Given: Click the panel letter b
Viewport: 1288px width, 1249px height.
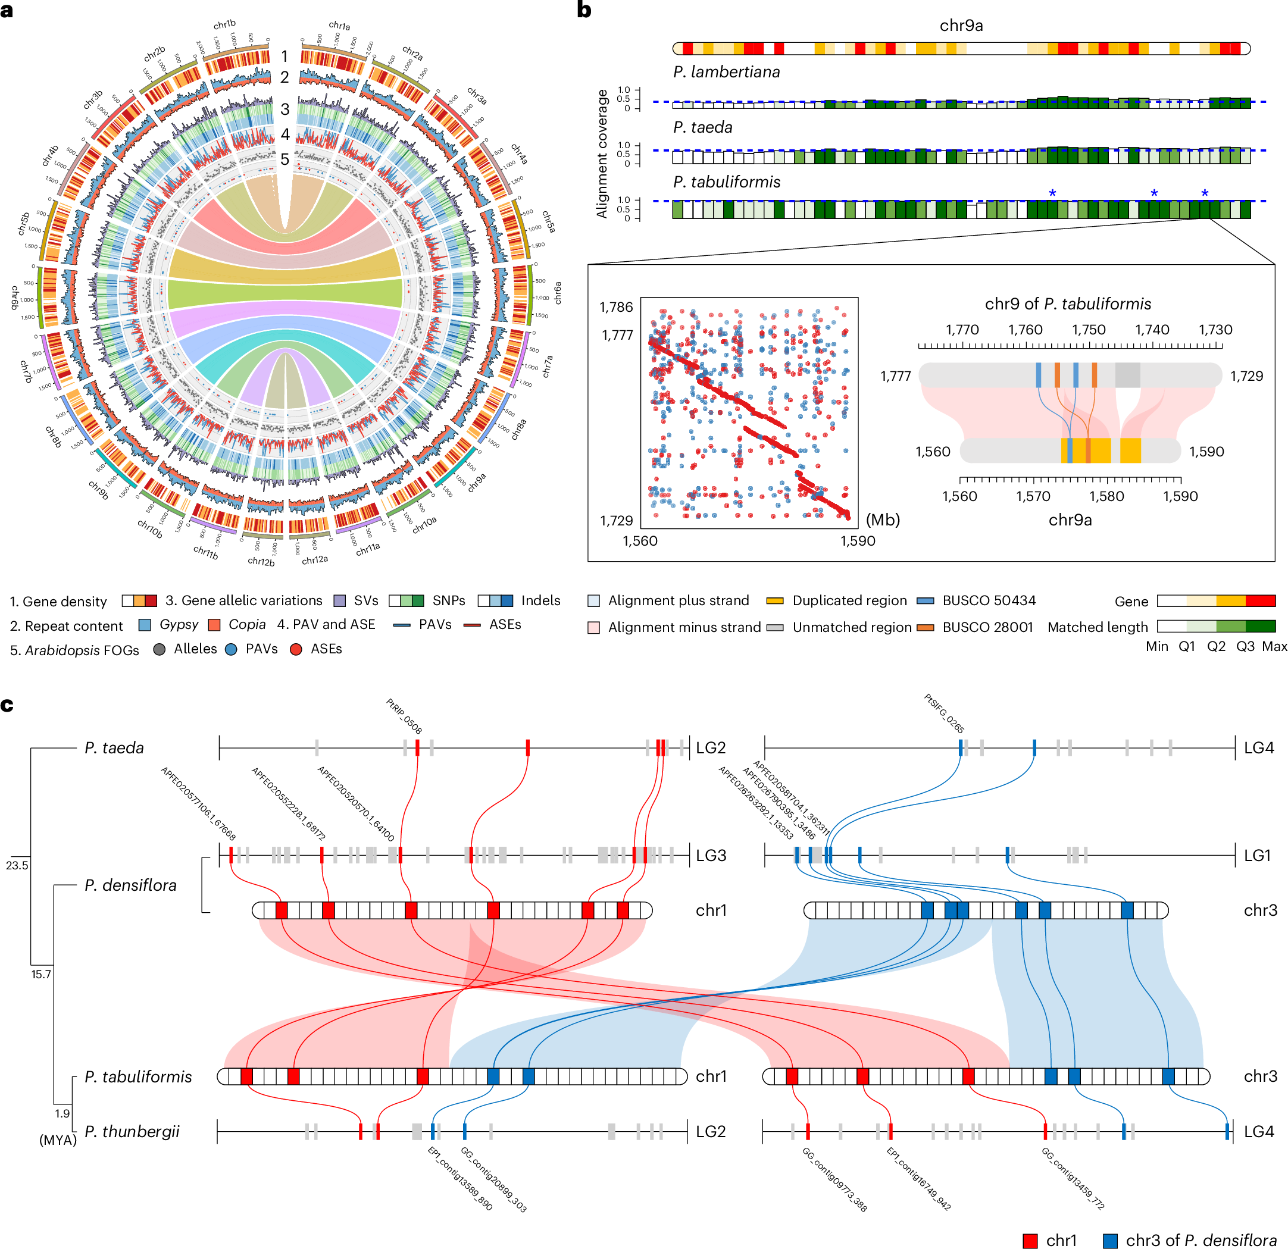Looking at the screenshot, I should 583,11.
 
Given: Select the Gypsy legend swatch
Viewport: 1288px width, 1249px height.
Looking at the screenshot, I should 145,624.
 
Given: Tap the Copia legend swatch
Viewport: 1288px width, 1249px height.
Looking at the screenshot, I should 214,624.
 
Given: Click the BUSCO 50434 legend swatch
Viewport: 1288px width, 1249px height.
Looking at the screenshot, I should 926,600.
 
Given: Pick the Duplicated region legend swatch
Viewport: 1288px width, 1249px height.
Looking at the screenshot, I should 776,600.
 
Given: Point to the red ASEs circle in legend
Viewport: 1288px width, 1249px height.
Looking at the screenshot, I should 296,649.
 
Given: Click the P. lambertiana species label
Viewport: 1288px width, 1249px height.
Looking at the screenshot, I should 726,71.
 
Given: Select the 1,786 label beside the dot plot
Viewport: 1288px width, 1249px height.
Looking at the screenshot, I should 616,307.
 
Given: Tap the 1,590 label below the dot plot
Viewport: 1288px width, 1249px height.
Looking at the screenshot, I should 858,541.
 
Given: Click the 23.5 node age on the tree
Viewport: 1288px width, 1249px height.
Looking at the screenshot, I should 17,865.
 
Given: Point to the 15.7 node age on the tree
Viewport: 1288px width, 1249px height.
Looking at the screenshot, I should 40,974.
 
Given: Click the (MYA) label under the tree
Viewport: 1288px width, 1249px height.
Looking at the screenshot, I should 58,1140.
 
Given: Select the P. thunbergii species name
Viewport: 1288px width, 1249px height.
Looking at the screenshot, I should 132,1131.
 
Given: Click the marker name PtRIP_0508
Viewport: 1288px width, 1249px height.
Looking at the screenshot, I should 404,715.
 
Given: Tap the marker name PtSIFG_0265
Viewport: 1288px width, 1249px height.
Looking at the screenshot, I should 943,713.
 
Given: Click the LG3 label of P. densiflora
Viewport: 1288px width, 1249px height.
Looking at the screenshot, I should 711,856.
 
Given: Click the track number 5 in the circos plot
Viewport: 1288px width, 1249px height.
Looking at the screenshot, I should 285,159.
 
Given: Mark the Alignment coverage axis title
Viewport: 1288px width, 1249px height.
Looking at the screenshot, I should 601,154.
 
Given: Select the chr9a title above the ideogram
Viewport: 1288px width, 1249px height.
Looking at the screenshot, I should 961,26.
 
